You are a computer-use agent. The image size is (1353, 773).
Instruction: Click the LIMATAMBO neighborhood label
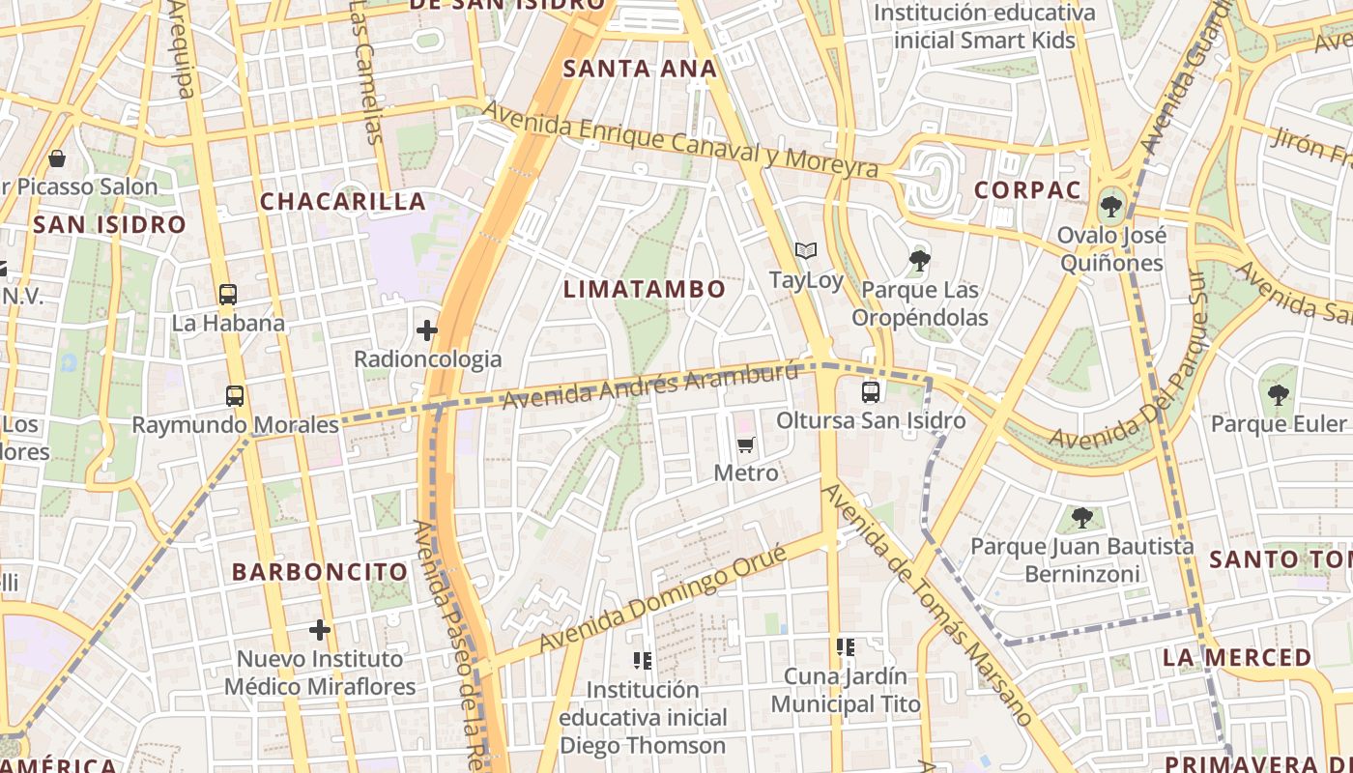click(645, 289)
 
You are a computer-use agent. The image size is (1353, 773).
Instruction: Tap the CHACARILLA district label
click(343, 201)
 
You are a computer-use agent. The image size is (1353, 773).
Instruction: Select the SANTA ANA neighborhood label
click(641, 69)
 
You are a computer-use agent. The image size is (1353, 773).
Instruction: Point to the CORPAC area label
click(1027, 190)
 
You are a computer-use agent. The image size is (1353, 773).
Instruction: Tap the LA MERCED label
click(1237, 658)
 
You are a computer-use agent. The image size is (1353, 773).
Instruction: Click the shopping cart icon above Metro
click(745, 445)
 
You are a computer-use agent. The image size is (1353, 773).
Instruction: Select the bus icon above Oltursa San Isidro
click(871, 392)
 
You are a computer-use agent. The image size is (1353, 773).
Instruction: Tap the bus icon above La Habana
click(228, 295)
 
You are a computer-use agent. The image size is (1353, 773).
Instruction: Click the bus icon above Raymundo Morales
click(235, 395)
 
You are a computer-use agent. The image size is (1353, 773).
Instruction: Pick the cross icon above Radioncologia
click(427, 331)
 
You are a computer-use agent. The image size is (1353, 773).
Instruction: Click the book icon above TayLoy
click(806, 251)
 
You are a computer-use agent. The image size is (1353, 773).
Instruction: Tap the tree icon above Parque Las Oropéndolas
click(919, 260)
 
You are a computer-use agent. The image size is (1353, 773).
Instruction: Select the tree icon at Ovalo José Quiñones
click(1111, 206)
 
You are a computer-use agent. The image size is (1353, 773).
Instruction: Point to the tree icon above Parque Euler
click(1279, 394)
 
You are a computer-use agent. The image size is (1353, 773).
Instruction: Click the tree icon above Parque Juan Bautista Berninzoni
click(1082, 518)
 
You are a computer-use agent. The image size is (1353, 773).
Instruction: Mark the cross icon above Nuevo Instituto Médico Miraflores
click(320, 631)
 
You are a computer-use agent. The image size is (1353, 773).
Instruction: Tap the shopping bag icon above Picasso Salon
click(57, 157)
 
